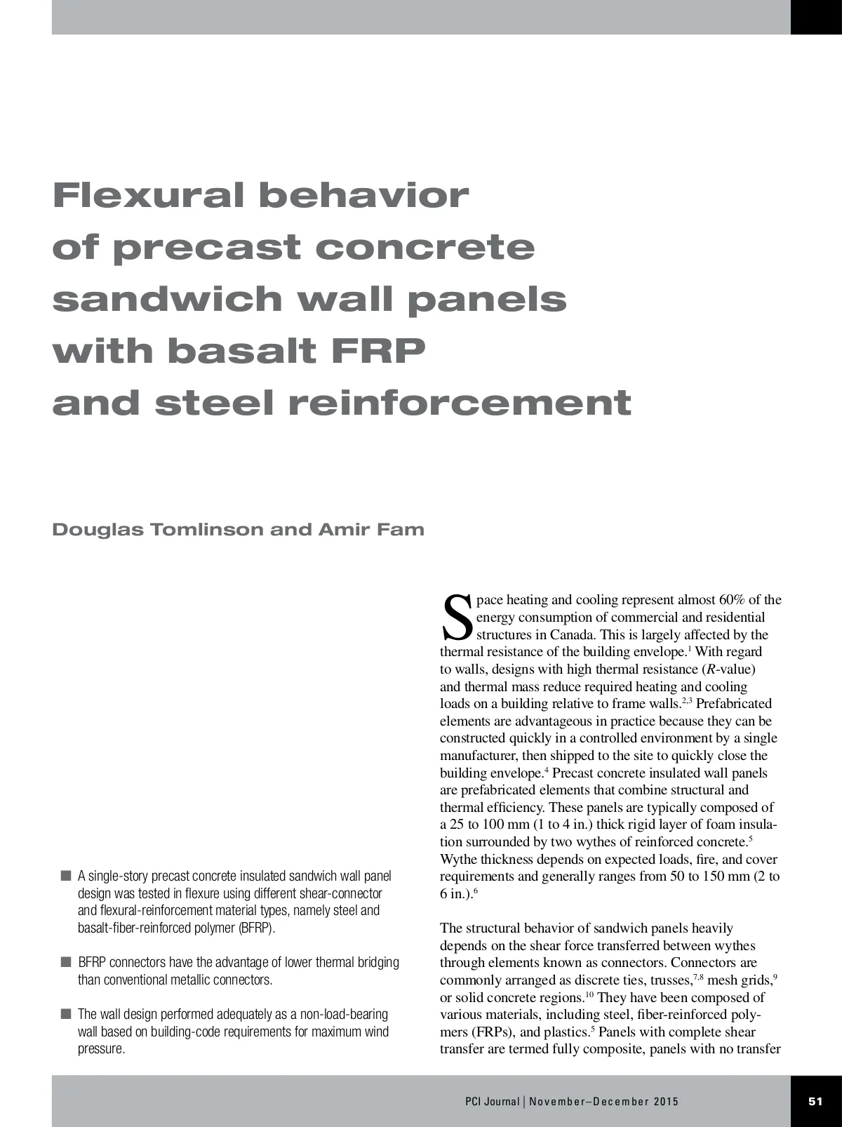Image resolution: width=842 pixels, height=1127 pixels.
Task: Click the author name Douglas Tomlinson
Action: pyautogui.click(x=157, y=529)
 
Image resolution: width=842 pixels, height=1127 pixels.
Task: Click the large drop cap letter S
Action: pyautogui.click(x=456, y=618)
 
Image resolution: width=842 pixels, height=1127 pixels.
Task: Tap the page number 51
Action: pyautogui.click(x=815, y=1101)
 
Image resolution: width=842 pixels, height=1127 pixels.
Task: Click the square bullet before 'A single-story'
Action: pyautogui.click(x=66, y=876)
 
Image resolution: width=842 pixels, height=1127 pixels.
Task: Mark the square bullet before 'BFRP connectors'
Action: pyautogui.click(x=66, y=962)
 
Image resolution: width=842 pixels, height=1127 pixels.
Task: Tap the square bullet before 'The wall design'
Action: pyautogui.click(x=66, y=1014)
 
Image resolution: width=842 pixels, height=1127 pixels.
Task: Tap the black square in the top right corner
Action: pyautogui.click(x=816, y=17)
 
